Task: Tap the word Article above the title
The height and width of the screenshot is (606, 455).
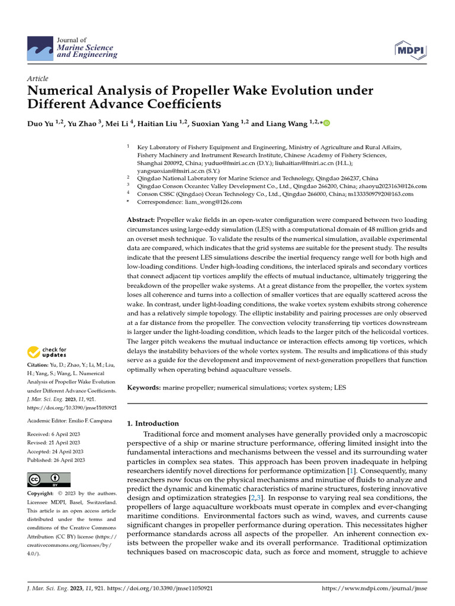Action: (38, 79)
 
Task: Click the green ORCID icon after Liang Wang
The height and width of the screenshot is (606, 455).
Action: (326, 123)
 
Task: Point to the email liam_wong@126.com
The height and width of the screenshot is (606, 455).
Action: (205, 202)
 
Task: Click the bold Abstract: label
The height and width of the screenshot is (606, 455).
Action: (144, 220)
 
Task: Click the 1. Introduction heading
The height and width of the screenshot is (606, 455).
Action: (153, 423)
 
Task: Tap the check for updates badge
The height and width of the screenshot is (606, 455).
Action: (48, 353)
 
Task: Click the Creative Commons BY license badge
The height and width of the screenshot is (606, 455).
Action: (49, 479)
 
